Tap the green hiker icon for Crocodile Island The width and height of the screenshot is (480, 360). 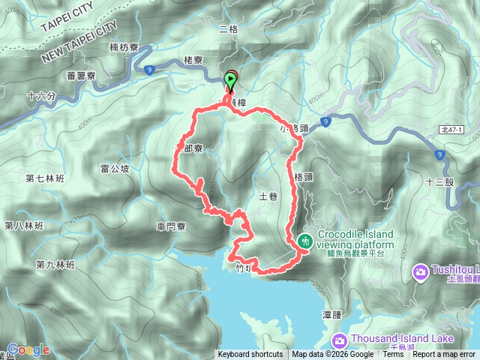[305, 241]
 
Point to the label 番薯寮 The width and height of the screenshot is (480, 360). [80, 76]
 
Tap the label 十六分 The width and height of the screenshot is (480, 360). [40, 96]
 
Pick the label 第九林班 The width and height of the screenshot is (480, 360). [55, 265]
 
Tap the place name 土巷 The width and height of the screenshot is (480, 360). [268, 196]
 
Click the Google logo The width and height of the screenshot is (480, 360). [28, 349]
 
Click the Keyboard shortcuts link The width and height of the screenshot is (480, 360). [250, 355]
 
